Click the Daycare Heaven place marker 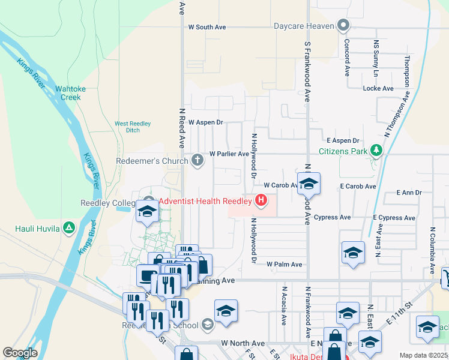[343, 26]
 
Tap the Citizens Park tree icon [376, 150]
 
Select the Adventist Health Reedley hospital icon [261, 201]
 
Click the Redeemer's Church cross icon [197, 160]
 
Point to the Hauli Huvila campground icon [69, 228]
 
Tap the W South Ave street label [206, 27]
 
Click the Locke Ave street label [378, 88]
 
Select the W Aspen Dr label [205, 122]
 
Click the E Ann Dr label [409, 193]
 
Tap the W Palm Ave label [284, 264]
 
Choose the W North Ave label [243, 343]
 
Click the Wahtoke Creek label [68, 93]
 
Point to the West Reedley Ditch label [127, 127]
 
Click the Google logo [20, 353]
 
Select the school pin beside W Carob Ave [309, 183]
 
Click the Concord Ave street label [347, 58]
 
